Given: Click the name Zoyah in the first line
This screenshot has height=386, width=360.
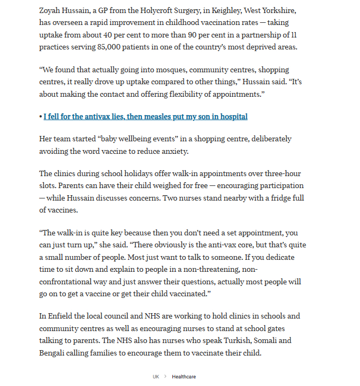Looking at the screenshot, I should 51,11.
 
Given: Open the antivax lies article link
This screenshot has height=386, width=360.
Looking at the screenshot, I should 145,116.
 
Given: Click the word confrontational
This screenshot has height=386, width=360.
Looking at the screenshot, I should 69,282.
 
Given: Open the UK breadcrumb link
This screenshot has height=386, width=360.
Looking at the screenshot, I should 156,377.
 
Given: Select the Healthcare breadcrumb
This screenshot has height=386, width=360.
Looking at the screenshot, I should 184,377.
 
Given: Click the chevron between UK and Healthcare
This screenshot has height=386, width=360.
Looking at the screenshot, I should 165,377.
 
